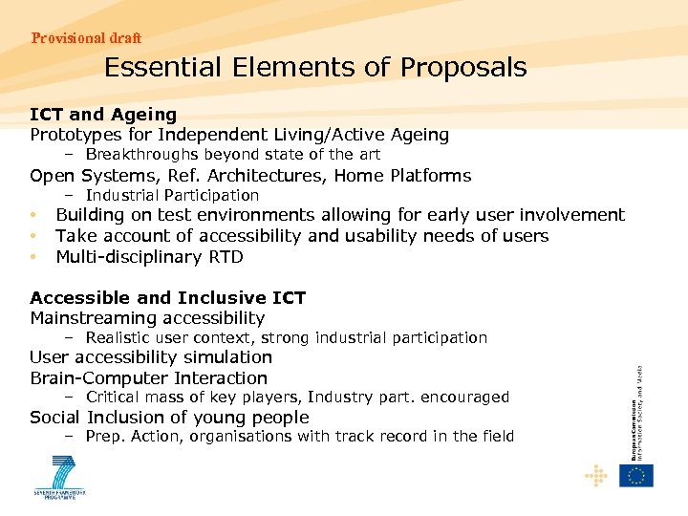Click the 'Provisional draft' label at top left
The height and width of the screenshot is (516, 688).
pos(86,38)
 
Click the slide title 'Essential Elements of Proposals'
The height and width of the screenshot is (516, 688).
pos(315,68)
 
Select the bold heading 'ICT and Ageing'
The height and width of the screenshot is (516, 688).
pos(103,115)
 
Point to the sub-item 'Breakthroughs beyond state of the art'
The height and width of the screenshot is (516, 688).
pos(232,155)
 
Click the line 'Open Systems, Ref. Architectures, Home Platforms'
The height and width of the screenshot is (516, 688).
pos(250,176)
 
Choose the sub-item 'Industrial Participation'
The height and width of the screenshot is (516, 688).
pos(172,196)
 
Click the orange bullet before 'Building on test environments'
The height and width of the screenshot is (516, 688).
pos(33,216)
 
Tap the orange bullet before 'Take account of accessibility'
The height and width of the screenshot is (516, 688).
pos(33,236)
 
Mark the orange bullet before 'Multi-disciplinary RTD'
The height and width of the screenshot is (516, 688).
pos(33,257)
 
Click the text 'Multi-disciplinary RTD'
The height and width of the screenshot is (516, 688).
pos(149,257)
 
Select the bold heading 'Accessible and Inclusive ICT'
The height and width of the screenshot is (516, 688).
pos(167,297)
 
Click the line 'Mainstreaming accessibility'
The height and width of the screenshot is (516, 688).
pos(147,318)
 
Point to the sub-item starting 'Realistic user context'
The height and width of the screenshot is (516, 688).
pos(286,337)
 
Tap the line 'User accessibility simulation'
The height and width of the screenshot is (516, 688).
pos(151,357)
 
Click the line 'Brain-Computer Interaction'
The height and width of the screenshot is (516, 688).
pos(148,378)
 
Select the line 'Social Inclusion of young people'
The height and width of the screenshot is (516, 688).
pos(169,418)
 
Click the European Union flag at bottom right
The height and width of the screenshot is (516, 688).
pos(636,475)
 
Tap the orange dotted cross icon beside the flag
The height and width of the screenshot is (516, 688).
pos(597,475)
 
